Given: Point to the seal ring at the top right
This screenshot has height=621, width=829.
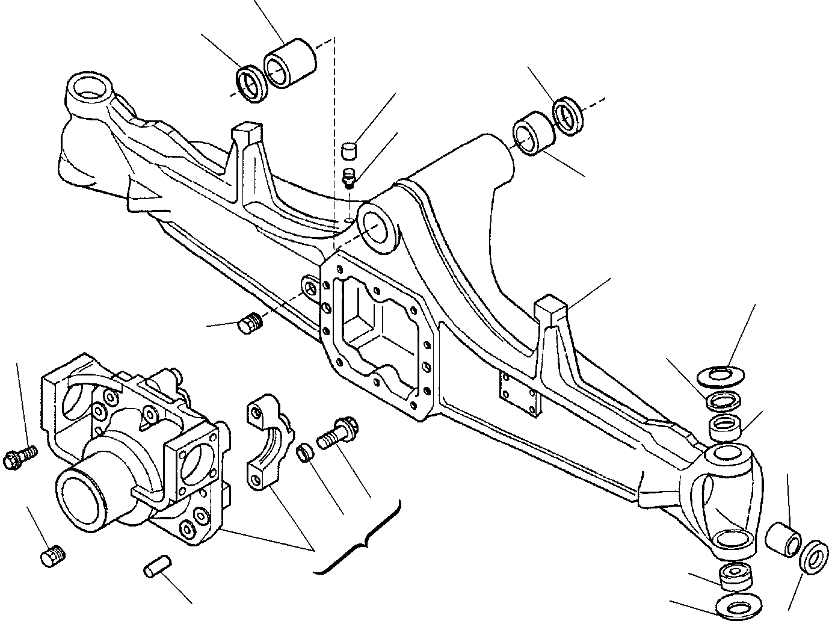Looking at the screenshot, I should tap(569, 114).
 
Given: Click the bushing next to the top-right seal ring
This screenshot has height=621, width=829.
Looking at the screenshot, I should tap(533, 133).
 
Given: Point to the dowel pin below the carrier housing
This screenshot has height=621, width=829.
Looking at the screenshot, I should tap(158, 569).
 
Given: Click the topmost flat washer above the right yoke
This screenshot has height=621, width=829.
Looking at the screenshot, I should tap(721, 375).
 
